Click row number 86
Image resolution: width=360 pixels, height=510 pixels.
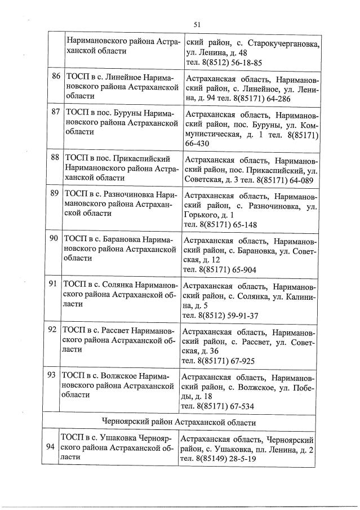55,76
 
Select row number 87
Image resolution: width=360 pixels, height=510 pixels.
55,112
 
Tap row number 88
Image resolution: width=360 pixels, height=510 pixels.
55,157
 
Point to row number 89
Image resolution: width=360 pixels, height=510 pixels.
55,193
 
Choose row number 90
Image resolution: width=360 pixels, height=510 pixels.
55,238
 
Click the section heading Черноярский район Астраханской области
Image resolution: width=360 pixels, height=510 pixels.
180,422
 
